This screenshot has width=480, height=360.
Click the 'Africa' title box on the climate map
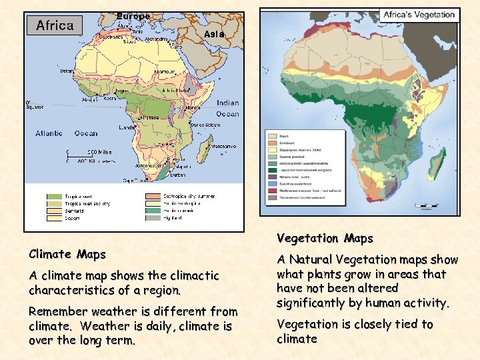(55, 25)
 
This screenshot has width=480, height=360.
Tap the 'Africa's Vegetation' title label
(419, 15)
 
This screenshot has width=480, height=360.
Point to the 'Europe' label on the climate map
(133, 15)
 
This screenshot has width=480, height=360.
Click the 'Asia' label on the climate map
(214, 33)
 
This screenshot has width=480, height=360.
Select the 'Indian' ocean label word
(227, 103)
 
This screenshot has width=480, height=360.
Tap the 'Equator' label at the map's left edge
(35, 107)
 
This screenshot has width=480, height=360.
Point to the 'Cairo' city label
(176, 47)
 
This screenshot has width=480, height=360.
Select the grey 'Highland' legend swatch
(153, 217)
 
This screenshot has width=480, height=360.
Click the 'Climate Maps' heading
(67, 254)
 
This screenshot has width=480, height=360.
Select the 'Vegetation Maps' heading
(325, 238)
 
